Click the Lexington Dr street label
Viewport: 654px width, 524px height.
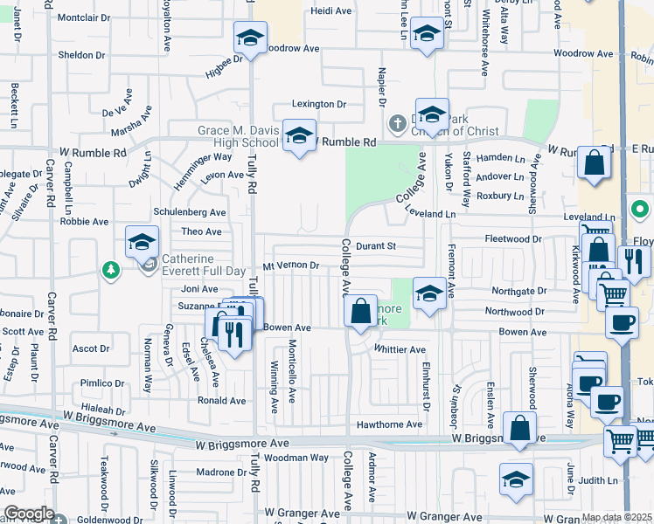coord(319,104)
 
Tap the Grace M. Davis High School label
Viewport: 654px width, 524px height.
coord(238,137)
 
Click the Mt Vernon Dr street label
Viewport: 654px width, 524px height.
coord(289,265)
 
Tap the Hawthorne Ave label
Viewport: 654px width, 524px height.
coord(389,424)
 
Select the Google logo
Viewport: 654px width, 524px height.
coord(29,514)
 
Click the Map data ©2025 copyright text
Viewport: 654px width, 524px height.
coord(617,518)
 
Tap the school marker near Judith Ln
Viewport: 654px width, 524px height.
coord(516,480)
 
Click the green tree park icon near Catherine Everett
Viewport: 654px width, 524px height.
coord(111,268)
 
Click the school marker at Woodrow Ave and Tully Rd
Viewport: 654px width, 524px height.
coord(250,39)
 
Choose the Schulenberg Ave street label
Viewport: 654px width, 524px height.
coord(190,212)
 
